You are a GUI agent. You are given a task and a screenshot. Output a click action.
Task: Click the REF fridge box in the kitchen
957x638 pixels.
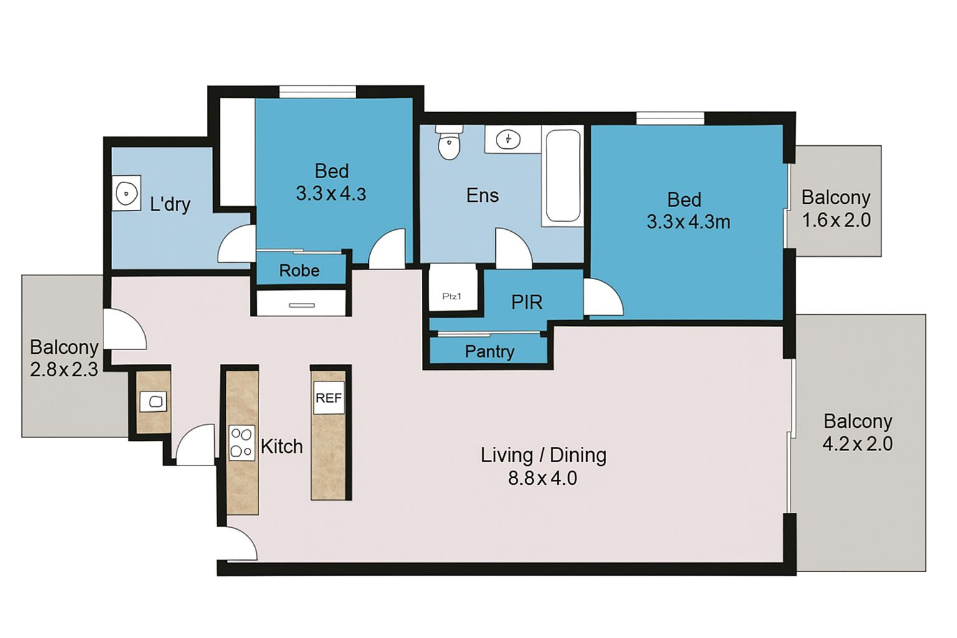pyautogui.click(x=328, y=398)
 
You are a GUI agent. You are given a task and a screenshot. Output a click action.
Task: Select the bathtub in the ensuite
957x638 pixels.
pyautogui.click(x=563, y=175)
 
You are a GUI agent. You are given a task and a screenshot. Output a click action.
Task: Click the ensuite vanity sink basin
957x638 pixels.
pyautogui.click(x=508, y=139)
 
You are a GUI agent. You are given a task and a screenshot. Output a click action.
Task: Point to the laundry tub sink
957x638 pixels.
pyautogui.click(x=126, y=193)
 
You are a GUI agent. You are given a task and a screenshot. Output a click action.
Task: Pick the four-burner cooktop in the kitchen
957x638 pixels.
pyautogui.click(x=241, y=443)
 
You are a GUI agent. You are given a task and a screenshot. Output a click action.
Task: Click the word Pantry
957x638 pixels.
pyautogui.click(x=489, y=351)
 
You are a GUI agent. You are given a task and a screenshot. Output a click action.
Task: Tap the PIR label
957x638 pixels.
pyautogui.click(x=526, y=302)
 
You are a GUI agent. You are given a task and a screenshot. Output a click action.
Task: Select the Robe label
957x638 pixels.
pyautogui.click(x=299, y=270)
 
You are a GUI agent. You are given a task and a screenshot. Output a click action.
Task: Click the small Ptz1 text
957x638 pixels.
pyautogui.click(x=452, y=296)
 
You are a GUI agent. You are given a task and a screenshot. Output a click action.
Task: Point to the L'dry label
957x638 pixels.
pyautogui.click(x=170, y=204)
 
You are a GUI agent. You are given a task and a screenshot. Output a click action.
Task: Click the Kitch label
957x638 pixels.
pyautogui.click(x=282, y=447)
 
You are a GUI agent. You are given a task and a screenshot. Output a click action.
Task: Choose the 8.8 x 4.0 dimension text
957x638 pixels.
pyautogui.click(x=543, y=478)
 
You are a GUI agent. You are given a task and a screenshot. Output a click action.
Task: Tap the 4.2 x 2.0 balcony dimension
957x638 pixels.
pyautogui.click(x=857, y=444)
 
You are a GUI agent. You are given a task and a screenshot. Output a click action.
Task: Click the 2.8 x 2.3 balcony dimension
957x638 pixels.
pyautogui.click(x=64, y=369)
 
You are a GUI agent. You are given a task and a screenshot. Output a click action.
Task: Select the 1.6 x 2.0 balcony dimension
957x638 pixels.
pyautogui.click(x=836, y=221)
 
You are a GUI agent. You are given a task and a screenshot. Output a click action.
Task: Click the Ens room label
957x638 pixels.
pyautogui.click(x=482, y=196)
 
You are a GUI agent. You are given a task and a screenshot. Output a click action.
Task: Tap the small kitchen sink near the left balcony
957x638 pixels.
pyautogui.click(x=153, y=402)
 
